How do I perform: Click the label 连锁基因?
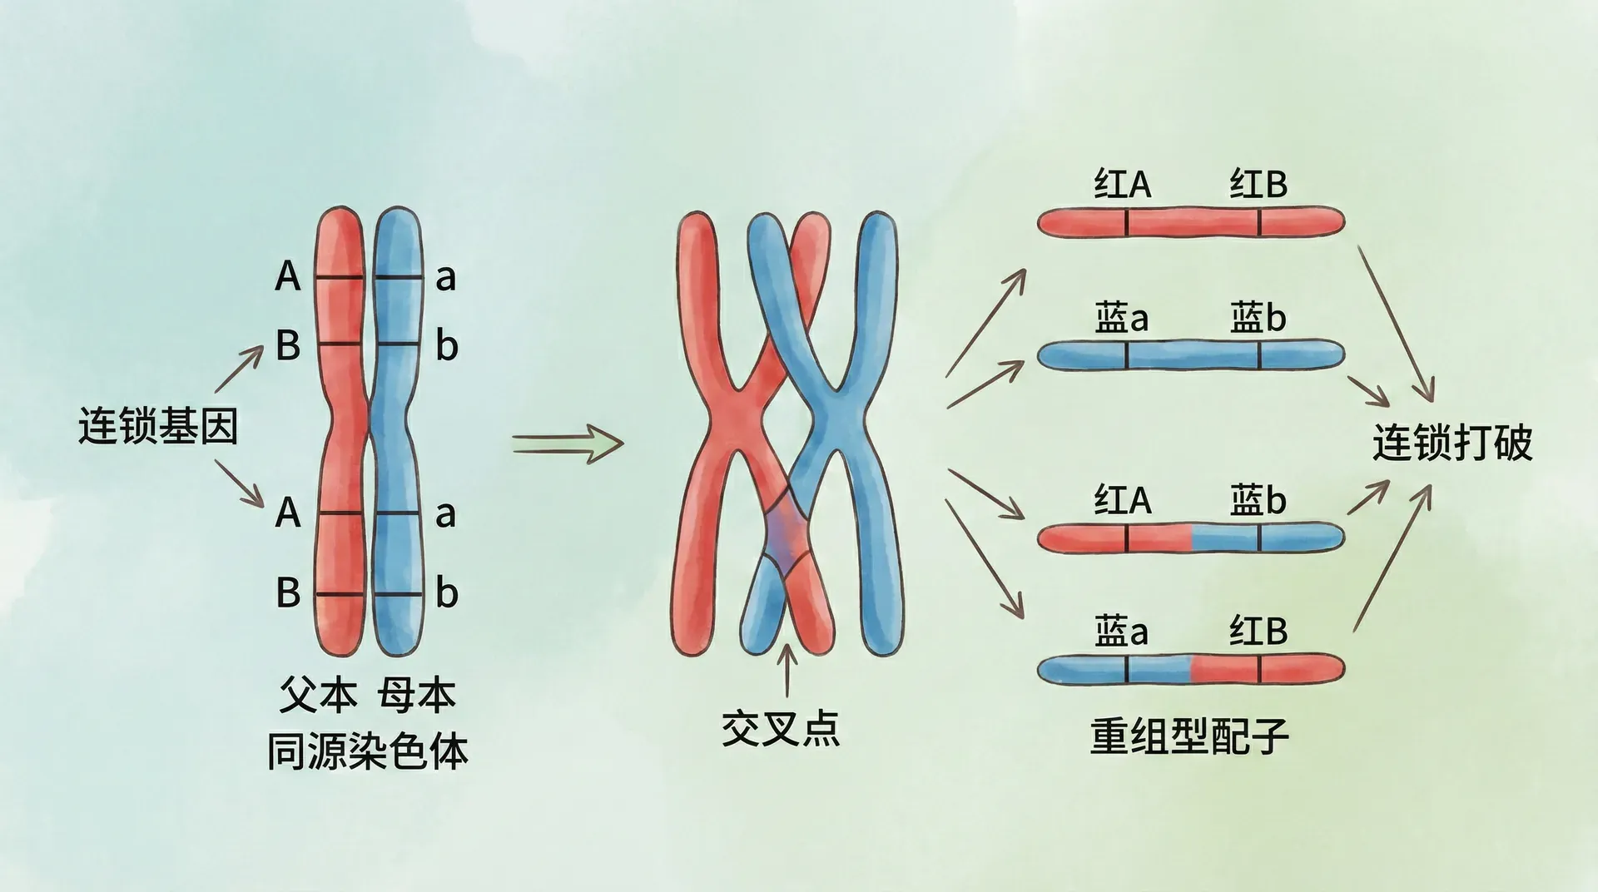158,426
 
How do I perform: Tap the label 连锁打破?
1452,442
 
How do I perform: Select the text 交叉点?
780,728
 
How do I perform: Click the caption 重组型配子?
1189,736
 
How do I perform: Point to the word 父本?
318,696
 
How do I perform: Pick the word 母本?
416,696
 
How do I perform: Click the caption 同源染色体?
367,751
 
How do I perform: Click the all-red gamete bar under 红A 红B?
1190,222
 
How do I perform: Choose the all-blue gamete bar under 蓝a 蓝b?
1190,355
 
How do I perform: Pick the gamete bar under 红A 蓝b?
1190,538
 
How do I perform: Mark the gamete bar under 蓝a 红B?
1190,669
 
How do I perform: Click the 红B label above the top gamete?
1258,185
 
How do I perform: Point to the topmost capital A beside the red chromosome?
287,276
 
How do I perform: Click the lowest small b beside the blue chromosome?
447,593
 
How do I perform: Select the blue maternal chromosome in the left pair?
397,433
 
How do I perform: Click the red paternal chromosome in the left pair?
340,433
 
